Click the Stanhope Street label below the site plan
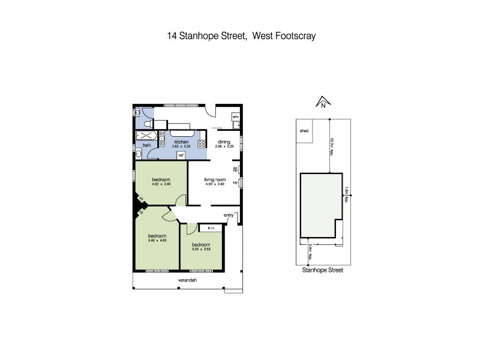tap(322, 270)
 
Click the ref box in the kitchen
tap(180, 155)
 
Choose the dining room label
tap(224, 142)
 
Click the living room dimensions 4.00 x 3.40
tap(214, 184)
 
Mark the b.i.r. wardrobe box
tap(211, 228)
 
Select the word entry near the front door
tap(229, 215)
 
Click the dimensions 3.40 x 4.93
tap(157, 241)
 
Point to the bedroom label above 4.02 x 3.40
tap(161, 179)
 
